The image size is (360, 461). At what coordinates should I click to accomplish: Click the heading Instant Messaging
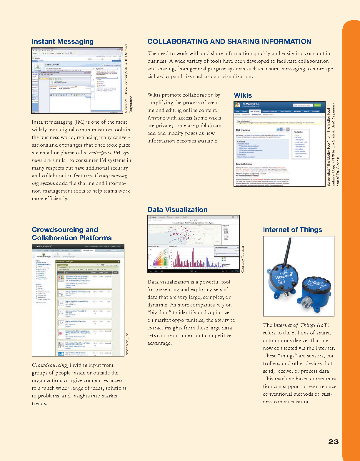[62, 42]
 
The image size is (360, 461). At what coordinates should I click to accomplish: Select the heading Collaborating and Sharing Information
[229, 42]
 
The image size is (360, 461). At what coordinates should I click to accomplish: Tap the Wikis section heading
[243, 95]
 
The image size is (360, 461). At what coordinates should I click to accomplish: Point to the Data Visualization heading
[177, 210]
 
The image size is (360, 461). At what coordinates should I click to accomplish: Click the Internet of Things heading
[292, 230]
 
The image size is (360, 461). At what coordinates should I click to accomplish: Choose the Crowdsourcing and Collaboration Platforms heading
[71, 234]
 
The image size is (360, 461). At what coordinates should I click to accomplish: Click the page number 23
[333, 442]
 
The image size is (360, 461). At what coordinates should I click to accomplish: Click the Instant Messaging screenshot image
[77, 80]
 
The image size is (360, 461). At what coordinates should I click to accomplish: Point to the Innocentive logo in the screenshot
[44, 246]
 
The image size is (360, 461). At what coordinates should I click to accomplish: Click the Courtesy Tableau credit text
[243, 259]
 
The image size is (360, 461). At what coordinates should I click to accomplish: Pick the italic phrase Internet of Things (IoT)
[301, 325]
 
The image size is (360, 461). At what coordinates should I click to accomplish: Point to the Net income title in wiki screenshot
[243, 130]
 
